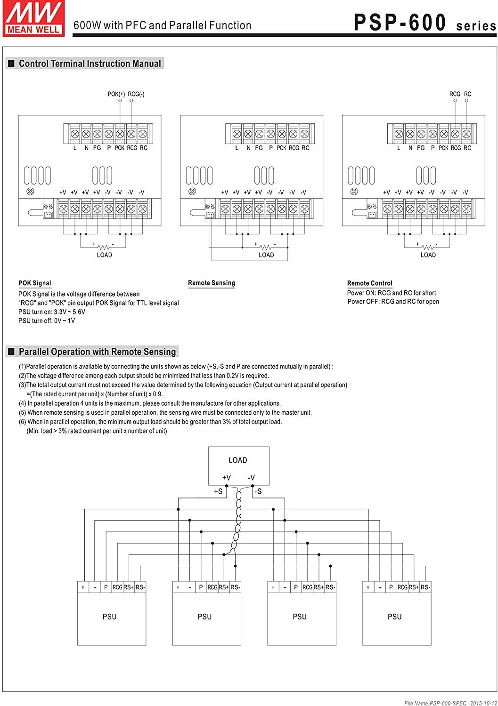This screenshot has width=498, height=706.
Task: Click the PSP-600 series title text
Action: click(425, 23)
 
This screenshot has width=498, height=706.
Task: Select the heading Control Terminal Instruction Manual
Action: click(90, 64)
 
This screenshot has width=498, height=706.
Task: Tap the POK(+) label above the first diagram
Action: click(116, 94)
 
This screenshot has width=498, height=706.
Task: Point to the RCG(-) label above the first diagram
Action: click(136, 94)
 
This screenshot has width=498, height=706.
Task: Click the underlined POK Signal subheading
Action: click(35, 283)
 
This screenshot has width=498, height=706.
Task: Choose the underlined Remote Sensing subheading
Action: click(212, 283)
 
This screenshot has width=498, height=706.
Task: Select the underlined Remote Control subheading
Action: click(370, 283)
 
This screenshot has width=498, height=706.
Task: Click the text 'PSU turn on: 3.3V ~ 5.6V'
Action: click(52, 312)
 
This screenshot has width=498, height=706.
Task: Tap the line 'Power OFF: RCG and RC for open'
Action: click(393, 302)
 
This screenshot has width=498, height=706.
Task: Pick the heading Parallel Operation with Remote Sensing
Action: click(97, 352)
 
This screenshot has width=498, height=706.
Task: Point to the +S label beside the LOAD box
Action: click(218, 491)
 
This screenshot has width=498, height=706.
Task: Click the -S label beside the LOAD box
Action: click(258, 491)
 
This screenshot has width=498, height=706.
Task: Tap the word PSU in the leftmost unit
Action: click(109, 617)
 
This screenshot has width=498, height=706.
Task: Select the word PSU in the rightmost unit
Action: click(395, 617)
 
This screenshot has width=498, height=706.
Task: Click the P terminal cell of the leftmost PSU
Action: click(106, 587)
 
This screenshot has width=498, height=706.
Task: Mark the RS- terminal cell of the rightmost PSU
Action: click(425, 587)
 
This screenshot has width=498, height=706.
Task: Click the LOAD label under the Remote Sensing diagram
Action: click(266, 255)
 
